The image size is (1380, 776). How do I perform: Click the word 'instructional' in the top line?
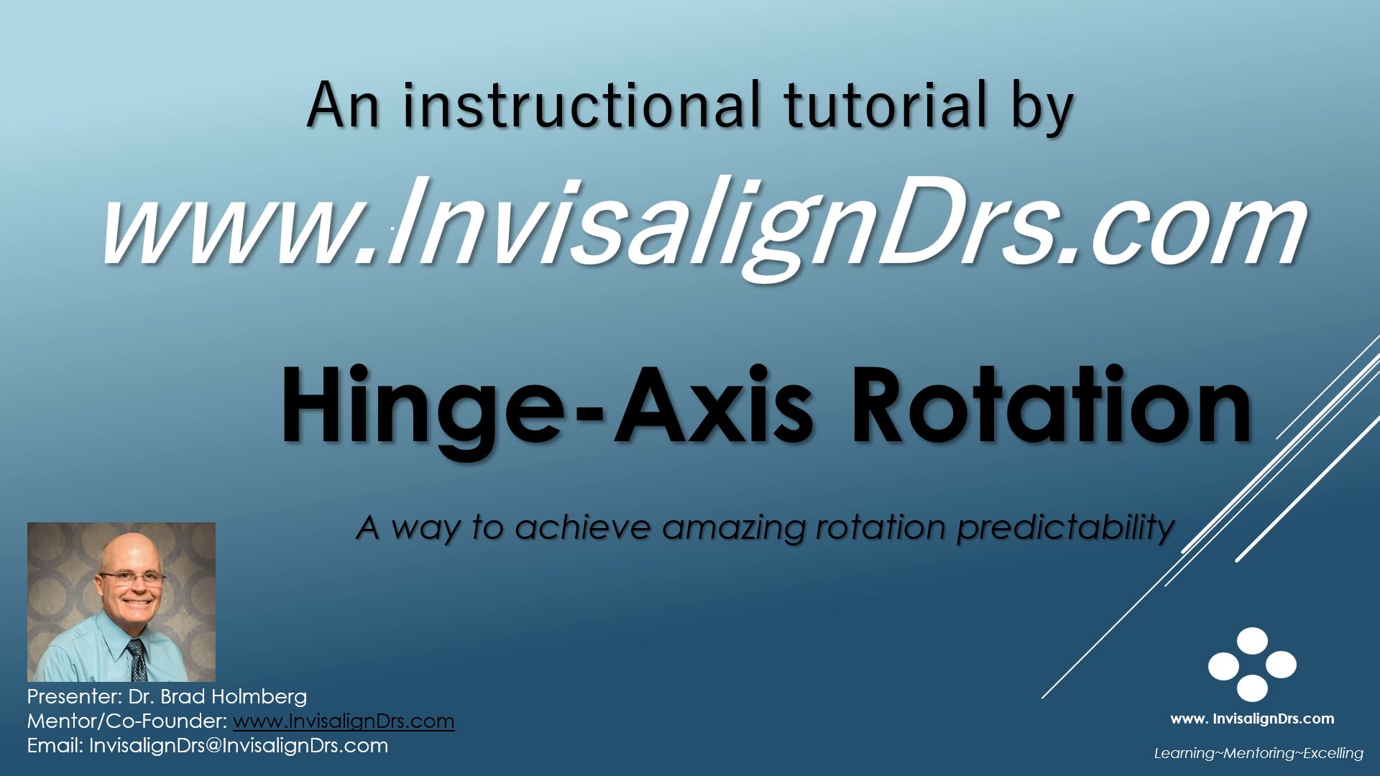(581, 106)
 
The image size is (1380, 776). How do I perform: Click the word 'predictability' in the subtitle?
(1065, 528)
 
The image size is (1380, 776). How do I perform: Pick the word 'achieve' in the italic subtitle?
(583, 527)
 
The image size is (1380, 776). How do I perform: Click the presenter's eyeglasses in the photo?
(133, 578)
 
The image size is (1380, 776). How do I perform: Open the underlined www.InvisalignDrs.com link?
(344, 721)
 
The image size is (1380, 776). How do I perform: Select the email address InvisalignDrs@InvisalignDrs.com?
(239, 745)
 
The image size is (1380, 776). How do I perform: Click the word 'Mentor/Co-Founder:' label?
(127, 721)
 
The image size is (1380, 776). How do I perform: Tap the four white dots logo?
(1252, 665)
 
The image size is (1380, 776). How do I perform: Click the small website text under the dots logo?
(1252, 719)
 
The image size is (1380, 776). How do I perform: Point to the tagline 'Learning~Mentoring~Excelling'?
(1259, 753)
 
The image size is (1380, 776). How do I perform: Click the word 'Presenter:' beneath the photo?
(74, 696)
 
